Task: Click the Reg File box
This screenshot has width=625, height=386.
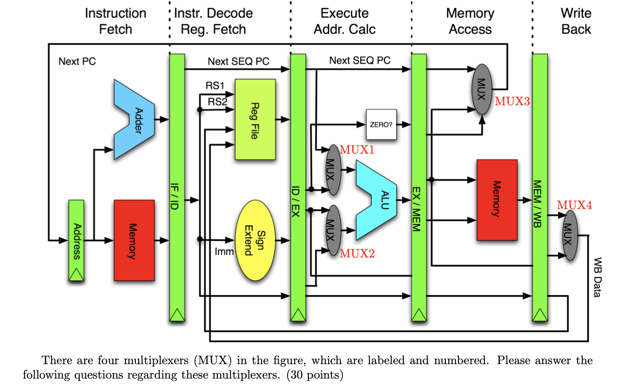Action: (255, 120)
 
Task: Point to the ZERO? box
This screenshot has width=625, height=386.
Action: (382, 125)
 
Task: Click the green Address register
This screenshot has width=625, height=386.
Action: (76, 241)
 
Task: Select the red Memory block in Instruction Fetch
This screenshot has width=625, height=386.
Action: (134, 240)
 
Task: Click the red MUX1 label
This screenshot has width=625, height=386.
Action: (357, 150)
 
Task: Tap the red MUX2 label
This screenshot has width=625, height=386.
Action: (357, 254)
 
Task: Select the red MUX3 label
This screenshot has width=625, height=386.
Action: (512, 101)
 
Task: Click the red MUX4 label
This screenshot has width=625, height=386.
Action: (574, 205)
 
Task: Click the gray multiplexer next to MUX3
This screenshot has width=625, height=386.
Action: (482, 89)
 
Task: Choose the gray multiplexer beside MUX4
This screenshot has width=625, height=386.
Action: (567, 235)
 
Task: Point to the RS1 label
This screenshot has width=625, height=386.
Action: (215, 86)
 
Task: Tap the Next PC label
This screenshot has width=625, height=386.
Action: (77, 61)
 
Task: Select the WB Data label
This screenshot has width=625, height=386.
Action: (598, 277)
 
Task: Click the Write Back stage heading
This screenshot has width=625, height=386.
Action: (576, 21)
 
